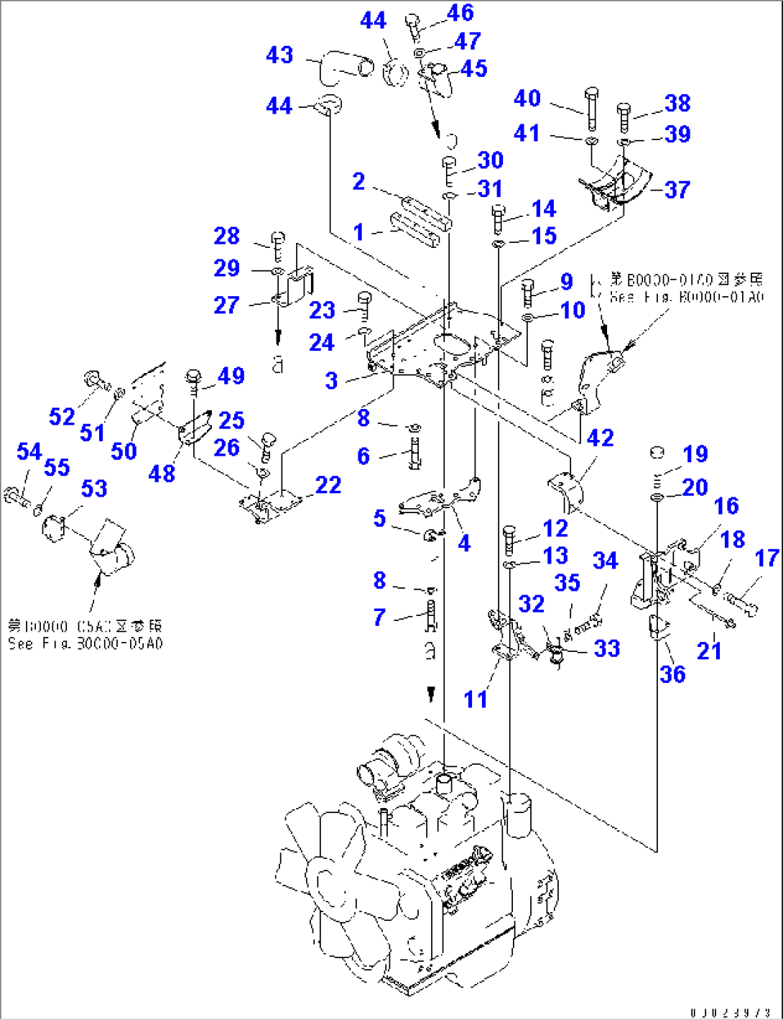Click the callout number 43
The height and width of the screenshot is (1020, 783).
(279, 55)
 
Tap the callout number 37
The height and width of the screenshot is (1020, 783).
(677, 190)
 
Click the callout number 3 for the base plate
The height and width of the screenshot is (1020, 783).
(331, 380)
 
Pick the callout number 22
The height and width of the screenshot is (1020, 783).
(328, 485)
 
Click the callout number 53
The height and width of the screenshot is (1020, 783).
(94, 489)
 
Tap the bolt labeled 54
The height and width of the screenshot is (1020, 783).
(15, 495)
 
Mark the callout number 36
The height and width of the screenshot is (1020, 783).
(672, 674)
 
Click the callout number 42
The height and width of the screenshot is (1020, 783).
(601, 438)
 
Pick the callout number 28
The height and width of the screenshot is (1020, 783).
(226, 236)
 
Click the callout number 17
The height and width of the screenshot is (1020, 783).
(767, 558)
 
